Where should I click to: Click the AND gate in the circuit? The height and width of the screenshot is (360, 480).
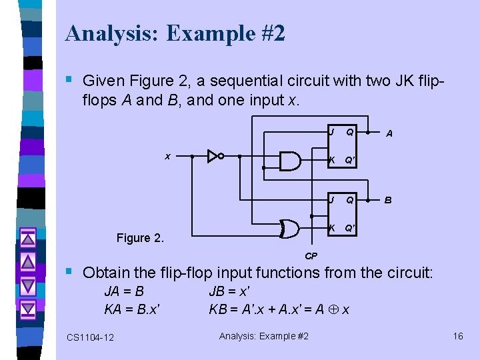click(289, 161)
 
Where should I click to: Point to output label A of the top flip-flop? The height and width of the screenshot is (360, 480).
click(389, 133)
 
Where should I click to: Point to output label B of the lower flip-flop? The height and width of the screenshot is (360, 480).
click(388, 199)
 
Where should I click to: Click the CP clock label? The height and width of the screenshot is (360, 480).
click(311, 255)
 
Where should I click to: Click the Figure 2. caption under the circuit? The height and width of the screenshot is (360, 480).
click(140, 237)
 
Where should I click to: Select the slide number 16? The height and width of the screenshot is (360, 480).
click(458, 336)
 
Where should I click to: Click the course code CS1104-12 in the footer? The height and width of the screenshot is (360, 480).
click(90, 337)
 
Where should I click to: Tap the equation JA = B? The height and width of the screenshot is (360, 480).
click(124, 291)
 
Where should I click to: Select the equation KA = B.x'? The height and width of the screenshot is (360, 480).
click(131, 309)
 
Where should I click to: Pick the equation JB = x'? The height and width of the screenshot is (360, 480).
click(229, 291)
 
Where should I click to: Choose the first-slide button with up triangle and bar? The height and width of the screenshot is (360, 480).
click(27, 238)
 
